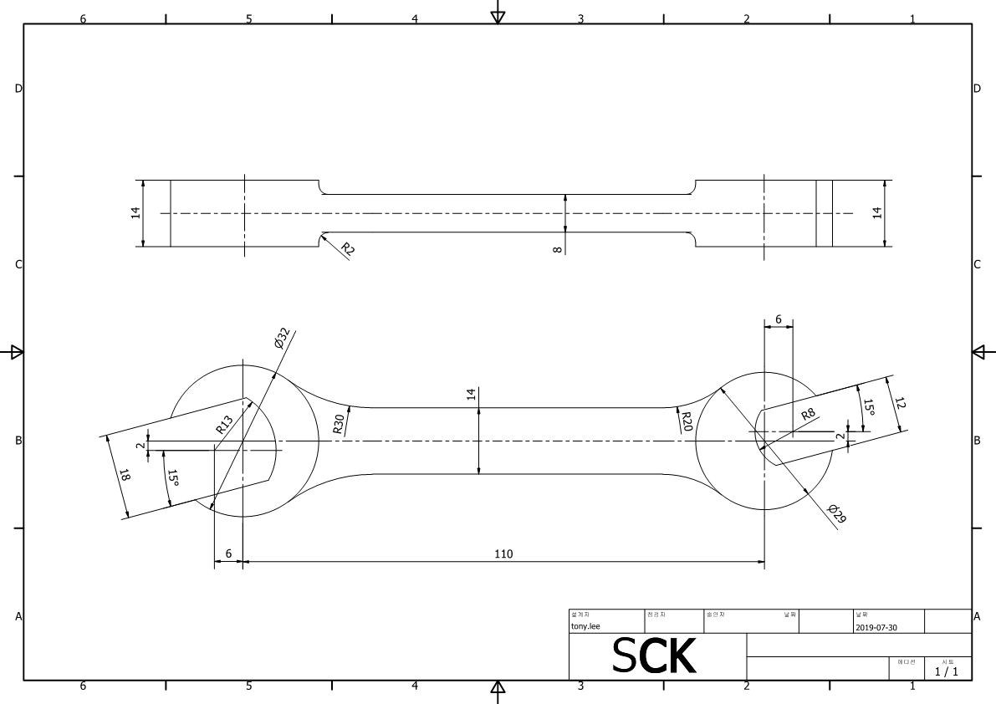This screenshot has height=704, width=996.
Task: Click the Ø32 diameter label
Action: [282, 338]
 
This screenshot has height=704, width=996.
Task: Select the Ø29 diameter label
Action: [836, 513]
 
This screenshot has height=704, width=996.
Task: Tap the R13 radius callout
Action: [224, 425]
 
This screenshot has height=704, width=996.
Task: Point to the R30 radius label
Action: [338, 423]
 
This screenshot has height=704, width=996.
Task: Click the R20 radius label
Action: [686, 421]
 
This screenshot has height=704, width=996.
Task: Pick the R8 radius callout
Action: [808, 414]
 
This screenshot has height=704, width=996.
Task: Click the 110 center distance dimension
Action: [503, 554]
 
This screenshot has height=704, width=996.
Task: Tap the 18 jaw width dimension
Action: [125, 476]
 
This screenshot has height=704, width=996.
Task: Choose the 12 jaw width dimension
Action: [900, 402]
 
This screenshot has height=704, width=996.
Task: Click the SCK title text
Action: [654, 656]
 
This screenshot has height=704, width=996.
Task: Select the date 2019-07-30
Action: [876, 627]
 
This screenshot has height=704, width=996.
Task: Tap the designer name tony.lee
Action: [585, 625]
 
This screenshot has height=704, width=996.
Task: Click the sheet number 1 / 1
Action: [946, 671]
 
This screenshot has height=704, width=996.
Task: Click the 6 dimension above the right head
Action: [779, 319]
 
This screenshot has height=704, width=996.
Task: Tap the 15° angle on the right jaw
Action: [869, 407]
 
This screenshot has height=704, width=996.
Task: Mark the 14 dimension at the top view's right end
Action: [877, 212]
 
